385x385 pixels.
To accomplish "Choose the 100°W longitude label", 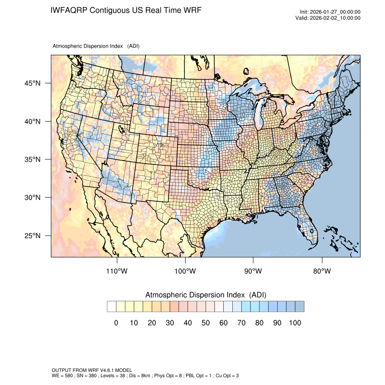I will pyautogui.click(x=185, y=271).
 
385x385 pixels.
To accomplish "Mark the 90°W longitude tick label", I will pyautogui.click(x=253, y=271).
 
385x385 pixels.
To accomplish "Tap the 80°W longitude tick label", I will pyautogui.click(x=322, y=271).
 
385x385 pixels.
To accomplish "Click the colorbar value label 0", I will pyautogui.click(x=116, y=322).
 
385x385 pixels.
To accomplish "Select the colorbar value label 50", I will pyautogui.click(x=205, y=322).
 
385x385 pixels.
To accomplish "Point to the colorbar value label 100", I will pyautogui.click(x=294, y=322).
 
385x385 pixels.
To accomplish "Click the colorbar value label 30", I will pyautogui.click(x=169, y=322).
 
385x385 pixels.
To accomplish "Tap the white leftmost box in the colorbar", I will pyautogui.click(x=111, y=307).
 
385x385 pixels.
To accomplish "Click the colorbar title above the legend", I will pyautogui.click(x=205, y=295).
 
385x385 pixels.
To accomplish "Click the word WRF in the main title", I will pyautogui.click(x=192, y=10).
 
